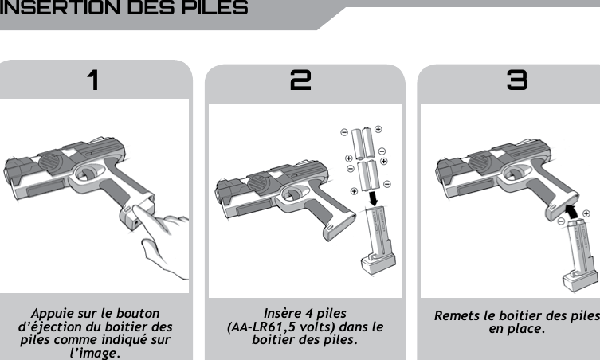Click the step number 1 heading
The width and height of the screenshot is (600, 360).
click(93, 80)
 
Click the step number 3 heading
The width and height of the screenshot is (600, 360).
click(517, 80)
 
